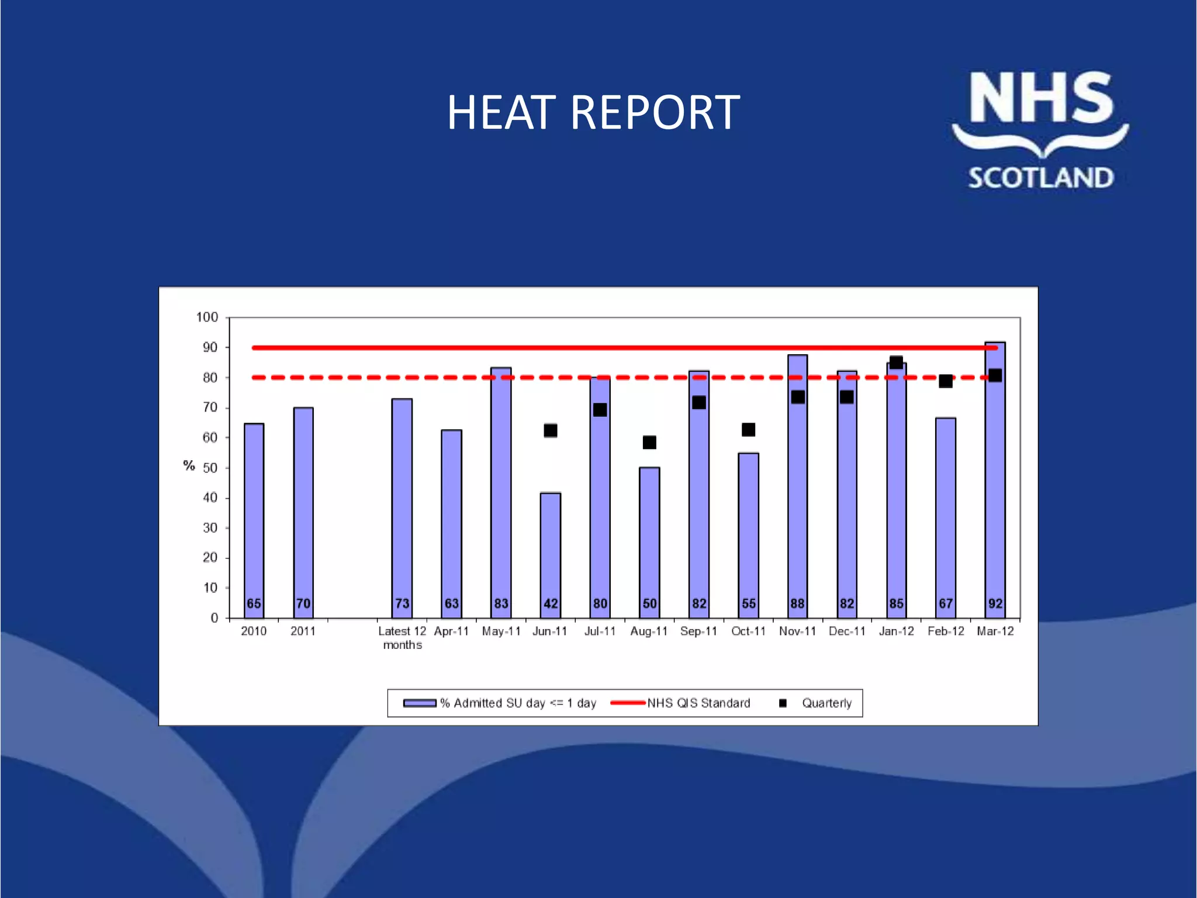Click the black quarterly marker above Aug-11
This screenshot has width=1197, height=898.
649,443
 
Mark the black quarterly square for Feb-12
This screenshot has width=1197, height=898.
946,381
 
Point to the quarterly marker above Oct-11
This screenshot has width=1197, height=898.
748,430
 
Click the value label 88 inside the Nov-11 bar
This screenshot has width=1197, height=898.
797,603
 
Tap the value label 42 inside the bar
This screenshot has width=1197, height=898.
551,603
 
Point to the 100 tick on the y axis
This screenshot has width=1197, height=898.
207,317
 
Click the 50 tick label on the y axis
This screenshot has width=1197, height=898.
210,468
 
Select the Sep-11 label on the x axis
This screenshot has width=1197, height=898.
698,631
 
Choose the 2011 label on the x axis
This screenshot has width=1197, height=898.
303,631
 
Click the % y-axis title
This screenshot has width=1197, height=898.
189,466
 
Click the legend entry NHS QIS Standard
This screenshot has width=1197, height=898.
698,703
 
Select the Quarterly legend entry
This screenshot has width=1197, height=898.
826,703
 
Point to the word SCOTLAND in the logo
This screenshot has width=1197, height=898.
1040,178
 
